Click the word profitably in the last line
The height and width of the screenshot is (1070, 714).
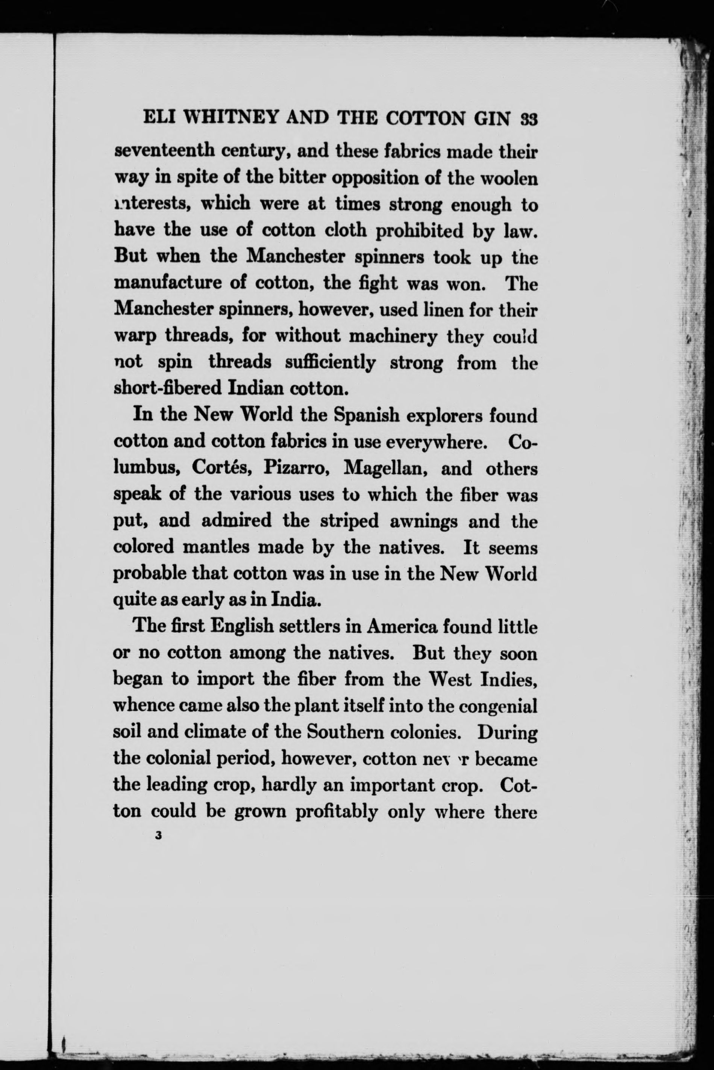click(337, 811)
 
